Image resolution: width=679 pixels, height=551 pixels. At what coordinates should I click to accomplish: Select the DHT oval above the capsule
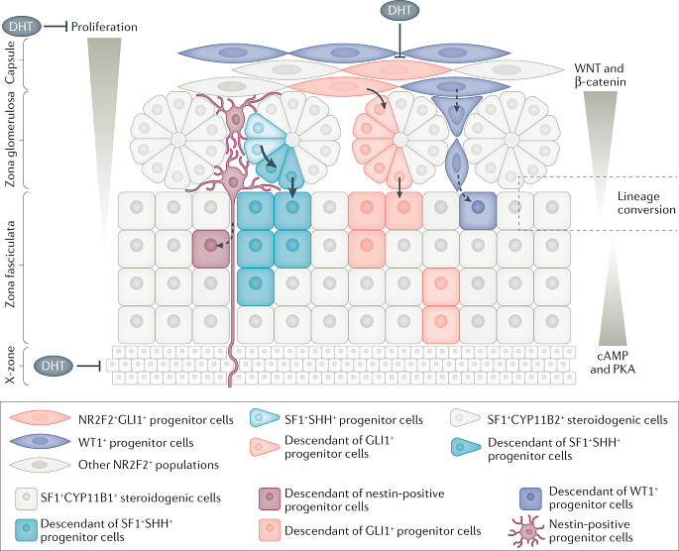click(398, 12)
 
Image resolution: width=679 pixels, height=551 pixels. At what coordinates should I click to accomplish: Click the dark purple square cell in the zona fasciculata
click(479, 209)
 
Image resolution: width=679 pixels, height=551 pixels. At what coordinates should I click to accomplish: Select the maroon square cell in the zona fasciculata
click(209, 245)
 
